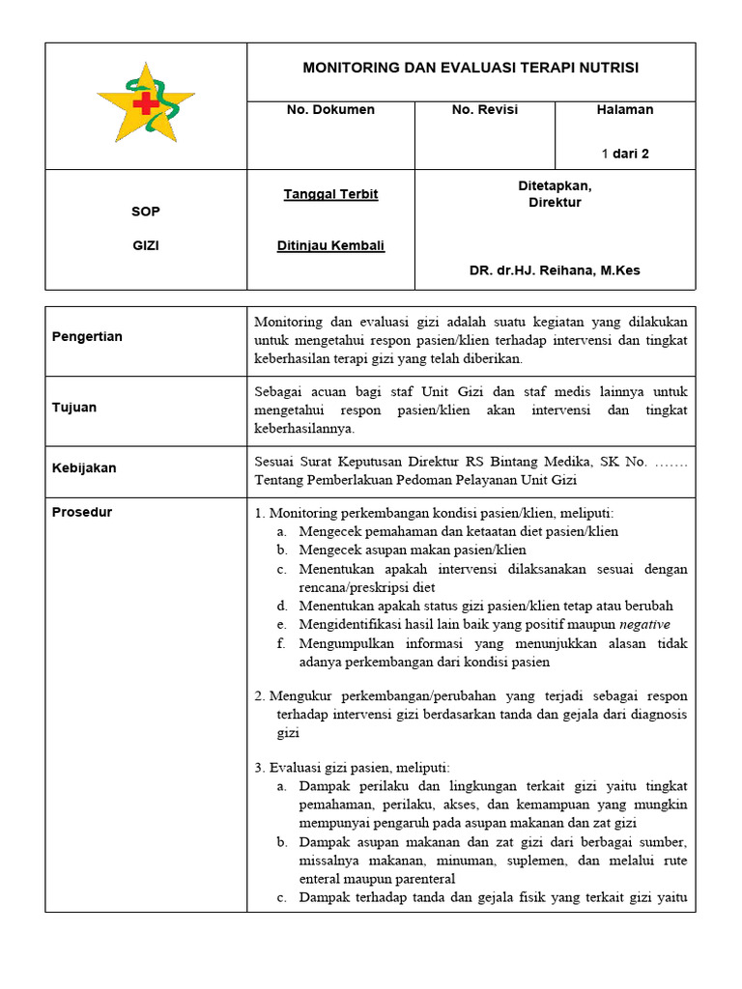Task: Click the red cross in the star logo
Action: (145, 103)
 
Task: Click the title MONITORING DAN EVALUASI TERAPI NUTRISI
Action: (471, 68)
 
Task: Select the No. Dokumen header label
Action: (330, 110)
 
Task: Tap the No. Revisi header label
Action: (484, 110)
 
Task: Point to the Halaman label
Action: (625, 110)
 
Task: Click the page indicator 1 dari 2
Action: (625, 154)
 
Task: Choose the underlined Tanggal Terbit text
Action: (330, 194)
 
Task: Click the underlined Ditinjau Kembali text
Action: (330, 245)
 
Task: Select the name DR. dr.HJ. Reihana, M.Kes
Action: (555, 270)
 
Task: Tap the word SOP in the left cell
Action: (146, 212)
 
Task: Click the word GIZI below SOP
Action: (146, 245)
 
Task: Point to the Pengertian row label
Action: (88, 337)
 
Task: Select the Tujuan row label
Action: (74, 408)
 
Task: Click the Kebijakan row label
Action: (84, 468)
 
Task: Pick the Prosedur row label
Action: (81, 512)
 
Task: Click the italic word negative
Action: (646, 625)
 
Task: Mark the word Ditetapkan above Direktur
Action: (555, 185)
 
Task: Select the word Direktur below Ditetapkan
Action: (555, 203)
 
